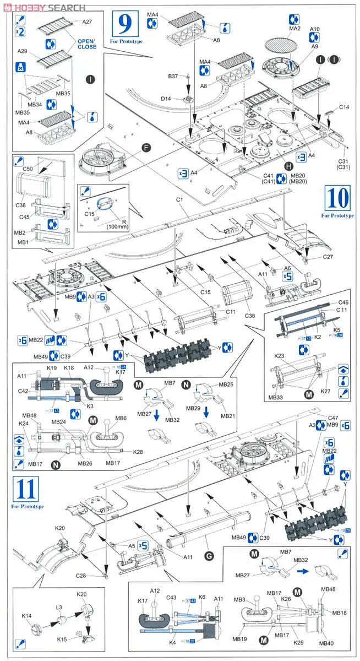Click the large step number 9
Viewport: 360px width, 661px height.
pyautogui.click(x=126, y=24)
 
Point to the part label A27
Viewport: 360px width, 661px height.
pyautogui.click(x=87, y=21)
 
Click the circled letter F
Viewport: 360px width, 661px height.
pyautogui.click(x=146, y=148)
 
